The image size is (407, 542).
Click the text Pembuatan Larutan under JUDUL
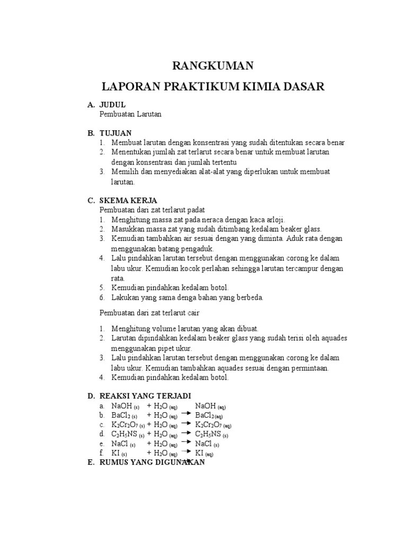pos(130,114)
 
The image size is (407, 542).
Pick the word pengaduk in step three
pos(198,248)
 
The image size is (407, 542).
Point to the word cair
pos(196,313)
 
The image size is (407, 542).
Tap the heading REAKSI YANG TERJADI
pos(145,396)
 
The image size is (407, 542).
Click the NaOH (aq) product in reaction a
pos(210,406)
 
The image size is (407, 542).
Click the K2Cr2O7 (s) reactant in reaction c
pos(128,425)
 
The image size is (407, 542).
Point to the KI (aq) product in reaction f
pos(204,454)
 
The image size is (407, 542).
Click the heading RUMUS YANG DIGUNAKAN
pos(152,462)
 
